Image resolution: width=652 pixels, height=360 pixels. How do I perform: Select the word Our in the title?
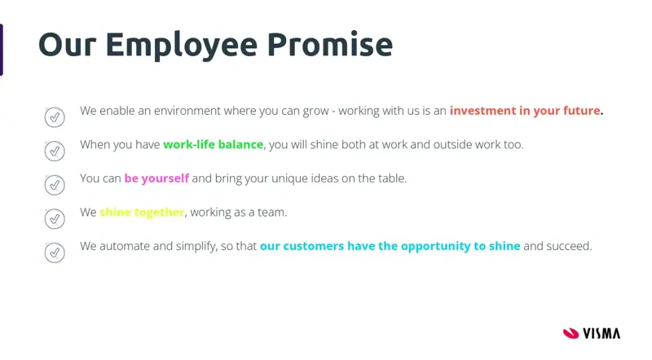click(x=68, y=45)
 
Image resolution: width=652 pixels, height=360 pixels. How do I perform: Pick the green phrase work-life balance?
click(x=214, y=144)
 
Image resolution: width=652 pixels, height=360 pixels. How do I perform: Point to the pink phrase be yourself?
click(x=156, y=178)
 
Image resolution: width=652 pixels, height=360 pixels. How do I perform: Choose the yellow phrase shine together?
click(x=142, y=213)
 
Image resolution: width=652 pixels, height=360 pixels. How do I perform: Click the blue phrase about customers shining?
click(x=390, y=246)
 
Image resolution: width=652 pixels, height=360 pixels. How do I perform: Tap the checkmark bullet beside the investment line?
click(x=55, y=117)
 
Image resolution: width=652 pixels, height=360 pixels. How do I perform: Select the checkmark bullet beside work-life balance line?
click(x=55, y=151)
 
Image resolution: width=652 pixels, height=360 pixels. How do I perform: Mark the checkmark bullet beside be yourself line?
click(x=55, y=185)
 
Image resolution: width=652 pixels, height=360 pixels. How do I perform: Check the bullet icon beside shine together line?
click(x=55, y=218)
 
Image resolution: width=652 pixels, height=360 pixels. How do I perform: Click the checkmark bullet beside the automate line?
click(x=55, y=252)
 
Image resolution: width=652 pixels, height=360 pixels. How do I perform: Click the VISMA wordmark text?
click(x=601, y=333)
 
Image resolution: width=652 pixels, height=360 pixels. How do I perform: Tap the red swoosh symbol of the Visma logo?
click(x=571, y=333)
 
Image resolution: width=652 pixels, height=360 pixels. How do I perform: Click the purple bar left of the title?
click(x=2, y=50)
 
